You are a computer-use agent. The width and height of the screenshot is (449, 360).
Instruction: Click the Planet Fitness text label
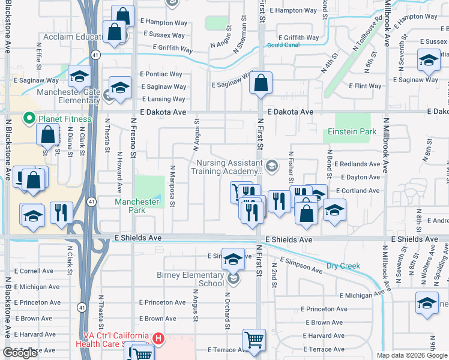click(x=65, y=119)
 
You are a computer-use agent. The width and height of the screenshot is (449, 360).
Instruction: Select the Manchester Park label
click(x=137, y=206)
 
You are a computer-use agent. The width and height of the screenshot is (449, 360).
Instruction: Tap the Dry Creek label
click(x=343, y=266)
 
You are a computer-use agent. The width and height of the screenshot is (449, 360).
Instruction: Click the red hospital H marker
click(x=158, y=339)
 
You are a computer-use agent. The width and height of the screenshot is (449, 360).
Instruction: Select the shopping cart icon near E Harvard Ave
click(x=255, y=340)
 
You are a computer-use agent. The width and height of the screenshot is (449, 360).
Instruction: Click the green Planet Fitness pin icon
click(x=28, y=118)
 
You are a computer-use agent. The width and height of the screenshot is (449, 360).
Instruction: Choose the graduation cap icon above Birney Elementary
click(x=233, y=259)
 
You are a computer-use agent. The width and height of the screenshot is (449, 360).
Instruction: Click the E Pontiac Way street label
click(x=161, y=74)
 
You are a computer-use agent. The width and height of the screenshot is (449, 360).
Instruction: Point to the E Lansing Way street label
click(x=163, y=100)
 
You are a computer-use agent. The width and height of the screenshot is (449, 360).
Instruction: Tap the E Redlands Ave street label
click(x=357, y=164)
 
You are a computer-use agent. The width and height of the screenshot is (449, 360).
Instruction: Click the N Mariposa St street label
click(x=172, y=186)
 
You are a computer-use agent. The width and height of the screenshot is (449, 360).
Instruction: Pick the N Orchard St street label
click(x=228, y=310)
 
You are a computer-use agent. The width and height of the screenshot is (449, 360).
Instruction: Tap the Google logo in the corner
click(x=20, y=353)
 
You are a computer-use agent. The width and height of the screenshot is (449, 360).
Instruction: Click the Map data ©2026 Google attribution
click(x=412, y=355)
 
